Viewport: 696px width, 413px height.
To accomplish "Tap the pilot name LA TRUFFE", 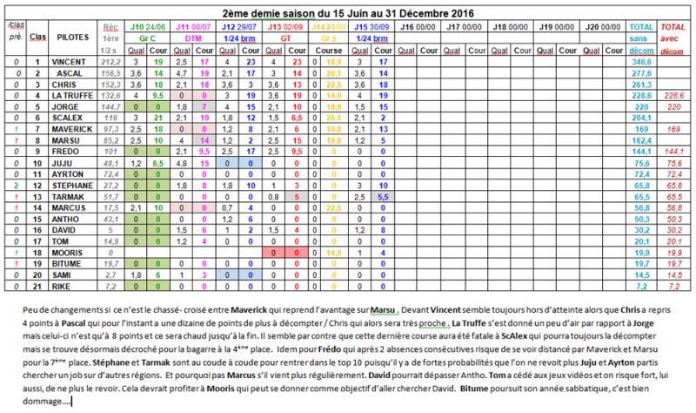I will (x=64, y=93).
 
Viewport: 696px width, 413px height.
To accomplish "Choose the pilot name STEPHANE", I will (x=64, y=185).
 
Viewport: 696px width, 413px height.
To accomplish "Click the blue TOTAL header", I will (x=642, y=29).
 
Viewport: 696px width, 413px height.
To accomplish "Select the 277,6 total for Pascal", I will (x=642, y=74).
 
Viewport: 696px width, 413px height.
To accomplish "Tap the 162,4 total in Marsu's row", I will (x=642, y=139).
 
